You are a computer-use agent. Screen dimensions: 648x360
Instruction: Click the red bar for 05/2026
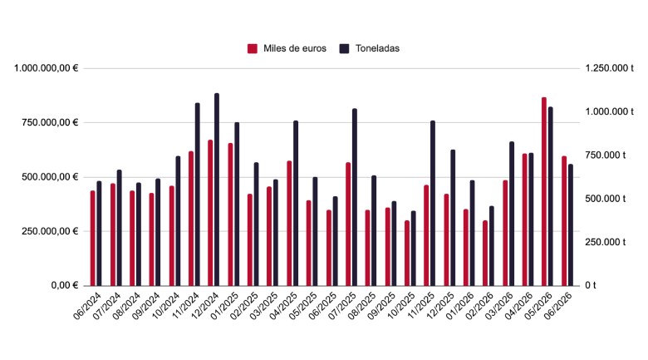pos(544,191)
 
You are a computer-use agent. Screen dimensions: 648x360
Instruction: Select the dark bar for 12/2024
pos(217,190)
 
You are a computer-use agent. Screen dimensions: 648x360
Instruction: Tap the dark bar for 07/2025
pos(355,197)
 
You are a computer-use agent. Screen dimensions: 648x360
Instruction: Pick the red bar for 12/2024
pos(210,213)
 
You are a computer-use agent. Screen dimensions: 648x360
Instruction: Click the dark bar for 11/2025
pos(433,203)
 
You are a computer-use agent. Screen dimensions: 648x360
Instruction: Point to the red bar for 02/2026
pos(485,254)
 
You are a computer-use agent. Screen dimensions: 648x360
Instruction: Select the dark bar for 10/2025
pos(413,249)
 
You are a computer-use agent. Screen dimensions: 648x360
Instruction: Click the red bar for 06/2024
pos(92,239)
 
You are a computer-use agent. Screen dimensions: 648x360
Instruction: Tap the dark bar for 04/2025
pos(296,203)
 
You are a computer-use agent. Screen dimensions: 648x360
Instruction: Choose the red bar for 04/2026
pos(524,219)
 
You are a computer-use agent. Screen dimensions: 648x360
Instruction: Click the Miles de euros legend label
pos(295,48)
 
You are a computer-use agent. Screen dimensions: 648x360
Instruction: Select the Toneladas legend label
pos(377,48)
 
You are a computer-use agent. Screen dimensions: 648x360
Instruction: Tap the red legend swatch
pos(253,48)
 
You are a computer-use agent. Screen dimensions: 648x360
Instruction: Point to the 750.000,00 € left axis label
pos(50,122)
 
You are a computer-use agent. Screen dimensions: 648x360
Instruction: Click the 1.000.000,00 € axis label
pos(46,68)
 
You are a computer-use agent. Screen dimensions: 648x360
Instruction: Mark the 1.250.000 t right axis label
pos(609,68)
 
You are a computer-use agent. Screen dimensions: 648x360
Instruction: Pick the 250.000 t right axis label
pos(605,242)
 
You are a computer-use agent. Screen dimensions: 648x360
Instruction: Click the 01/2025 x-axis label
pos(224,305)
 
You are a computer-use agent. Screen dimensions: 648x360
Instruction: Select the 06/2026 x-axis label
pos(558,305)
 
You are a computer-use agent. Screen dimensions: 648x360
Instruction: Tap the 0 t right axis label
pos(590,285)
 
